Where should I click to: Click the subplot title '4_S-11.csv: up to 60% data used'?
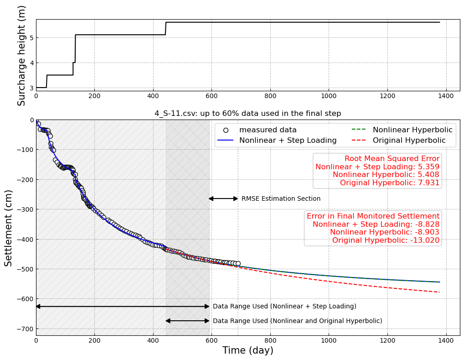coord(247,114)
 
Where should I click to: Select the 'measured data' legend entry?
coord(268,130)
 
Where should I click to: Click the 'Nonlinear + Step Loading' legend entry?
coord(288,141)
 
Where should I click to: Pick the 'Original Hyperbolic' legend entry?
coord(412,141)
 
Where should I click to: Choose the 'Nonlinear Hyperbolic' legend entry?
coord(412,130)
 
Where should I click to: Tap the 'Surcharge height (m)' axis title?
coord(21,55)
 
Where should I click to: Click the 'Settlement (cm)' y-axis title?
coord(9,228)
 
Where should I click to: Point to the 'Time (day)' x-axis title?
coord(247,350)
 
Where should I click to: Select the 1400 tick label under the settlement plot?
coord(446,340)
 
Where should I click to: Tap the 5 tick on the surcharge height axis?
coord(31,38)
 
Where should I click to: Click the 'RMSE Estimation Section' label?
coord(281,199)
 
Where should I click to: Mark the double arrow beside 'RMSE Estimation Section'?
coord(223,198)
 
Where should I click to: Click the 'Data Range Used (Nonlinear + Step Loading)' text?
coord(284,307)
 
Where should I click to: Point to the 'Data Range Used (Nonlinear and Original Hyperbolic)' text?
coord(297,321)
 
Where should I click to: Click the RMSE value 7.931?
coord(428,183)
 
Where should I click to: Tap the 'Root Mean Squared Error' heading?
coord(392,159)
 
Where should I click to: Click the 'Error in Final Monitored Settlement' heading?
coord(373,216)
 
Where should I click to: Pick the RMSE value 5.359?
coord(428,167)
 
